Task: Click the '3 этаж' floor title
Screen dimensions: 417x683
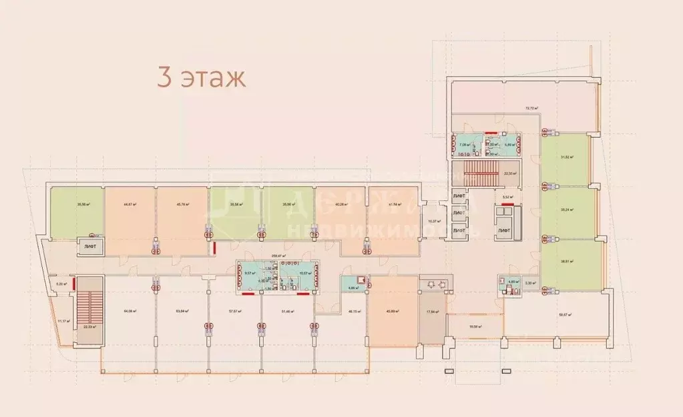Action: pyautogui.click(x=201, y=77)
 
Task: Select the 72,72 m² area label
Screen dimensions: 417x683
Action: pyautogui.click(x=531, y=107)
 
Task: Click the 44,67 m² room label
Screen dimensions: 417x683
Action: pyautogui.click(x=130, y=205)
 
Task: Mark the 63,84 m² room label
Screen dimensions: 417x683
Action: pyautogui.click(x=182, y=311)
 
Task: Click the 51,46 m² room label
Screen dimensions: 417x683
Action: pyautogui.click(x=288, y=311)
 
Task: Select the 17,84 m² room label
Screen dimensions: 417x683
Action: pyautogui.click(x=433, y=311)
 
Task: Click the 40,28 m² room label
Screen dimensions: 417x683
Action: pyautogui.click(x=341, y=205)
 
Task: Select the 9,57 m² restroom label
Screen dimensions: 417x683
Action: pyautogui.click(x=250, y=273)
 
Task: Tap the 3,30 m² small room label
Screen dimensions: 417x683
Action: pyautogui.click(x=529, y=283)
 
